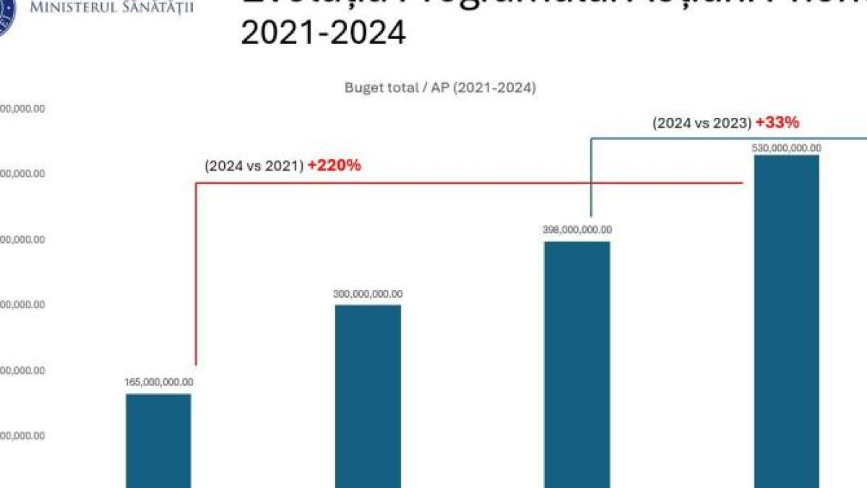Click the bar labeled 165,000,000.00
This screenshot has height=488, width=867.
[x=158, y=440]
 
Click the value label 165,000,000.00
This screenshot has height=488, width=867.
[x=159, y=382]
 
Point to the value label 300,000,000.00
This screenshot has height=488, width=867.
[x=368, y=294]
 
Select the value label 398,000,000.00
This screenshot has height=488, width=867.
[x=577, y=230]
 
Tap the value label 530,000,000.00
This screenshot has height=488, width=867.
[x=787, y=147]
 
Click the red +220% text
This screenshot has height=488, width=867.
[x=334, y=166]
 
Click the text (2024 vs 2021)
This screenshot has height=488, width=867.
[x=253, y=166]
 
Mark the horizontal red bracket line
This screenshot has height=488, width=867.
[x=470, y=183]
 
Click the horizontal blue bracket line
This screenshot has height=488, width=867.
[x=722, y=138]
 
